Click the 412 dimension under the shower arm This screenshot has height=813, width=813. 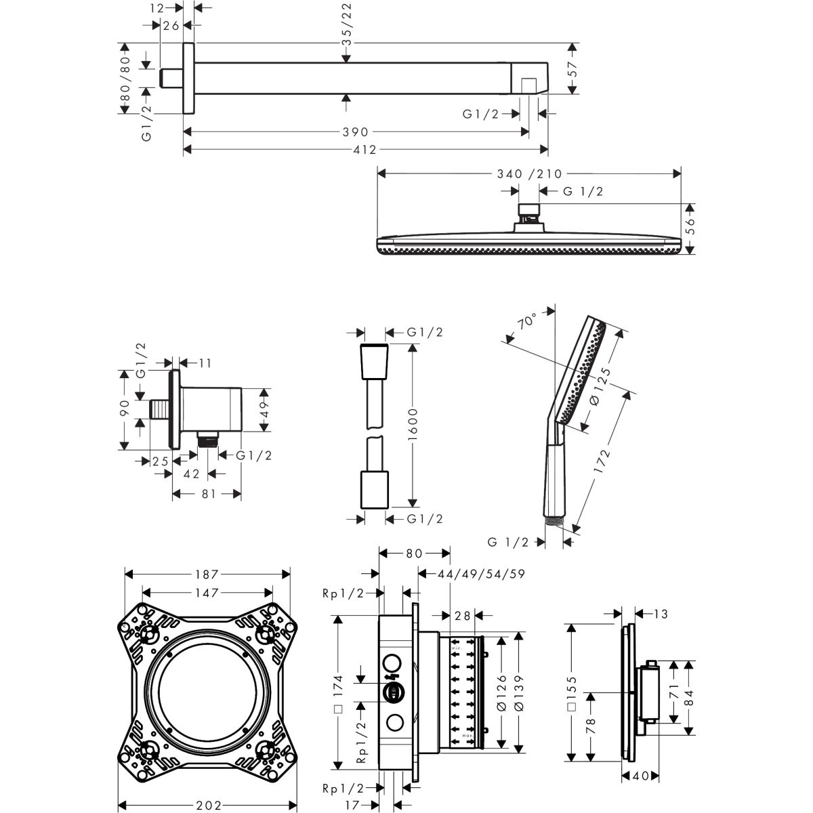364,150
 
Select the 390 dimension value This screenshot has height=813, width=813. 355,132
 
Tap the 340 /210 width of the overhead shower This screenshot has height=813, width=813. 528,174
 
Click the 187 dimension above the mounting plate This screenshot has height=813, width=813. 208,574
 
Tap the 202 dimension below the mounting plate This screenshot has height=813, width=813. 209,806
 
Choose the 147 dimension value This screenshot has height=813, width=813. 207,593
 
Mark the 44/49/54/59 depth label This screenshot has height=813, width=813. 473,574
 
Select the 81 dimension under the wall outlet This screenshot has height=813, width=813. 208,494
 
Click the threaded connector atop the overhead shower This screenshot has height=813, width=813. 529,211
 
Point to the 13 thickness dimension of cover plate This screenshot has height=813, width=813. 661,614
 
